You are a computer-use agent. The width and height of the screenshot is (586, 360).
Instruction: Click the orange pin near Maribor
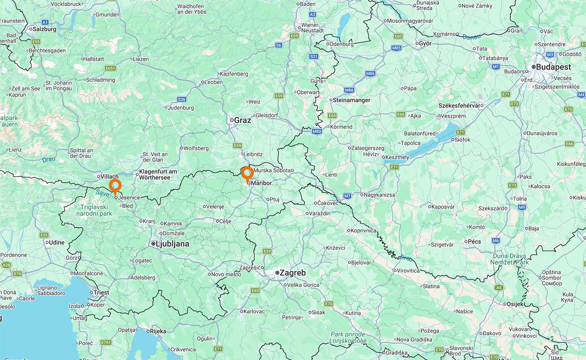click(x=247, y=173)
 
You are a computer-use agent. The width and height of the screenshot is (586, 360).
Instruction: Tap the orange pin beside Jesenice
click(x=115, y=186)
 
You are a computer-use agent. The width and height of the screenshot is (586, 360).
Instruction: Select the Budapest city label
click(x=553, y=67)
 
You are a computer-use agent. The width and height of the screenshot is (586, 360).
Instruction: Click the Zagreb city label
click(x=292, y=273)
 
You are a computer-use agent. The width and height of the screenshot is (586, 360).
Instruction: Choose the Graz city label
click(x=242, y=120)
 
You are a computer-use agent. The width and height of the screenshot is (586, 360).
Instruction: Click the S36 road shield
click(x=181, y=99)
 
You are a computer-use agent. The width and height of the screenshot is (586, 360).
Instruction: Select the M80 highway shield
click(x=317, y=131)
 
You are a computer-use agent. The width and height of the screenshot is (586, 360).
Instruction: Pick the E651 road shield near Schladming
click(x=110, y=68)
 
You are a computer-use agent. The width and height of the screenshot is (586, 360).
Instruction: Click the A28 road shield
click(x=7, y=265)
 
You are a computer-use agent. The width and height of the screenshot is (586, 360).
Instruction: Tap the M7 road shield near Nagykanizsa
click(x=347, y=196)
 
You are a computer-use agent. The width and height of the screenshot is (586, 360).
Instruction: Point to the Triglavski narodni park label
click(x=94, y=210)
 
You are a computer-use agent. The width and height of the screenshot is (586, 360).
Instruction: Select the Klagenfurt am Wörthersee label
click(x=158, y=174)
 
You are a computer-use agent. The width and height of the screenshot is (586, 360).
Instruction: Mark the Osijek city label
click(x=516, y=304)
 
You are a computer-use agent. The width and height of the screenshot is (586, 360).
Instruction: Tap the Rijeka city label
click(x=157, y=331)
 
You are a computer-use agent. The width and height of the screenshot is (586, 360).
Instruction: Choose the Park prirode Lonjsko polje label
click(x=348, y=338)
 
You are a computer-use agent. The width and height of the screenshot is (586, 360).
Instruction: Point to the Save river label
click(x=103, y=193)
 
